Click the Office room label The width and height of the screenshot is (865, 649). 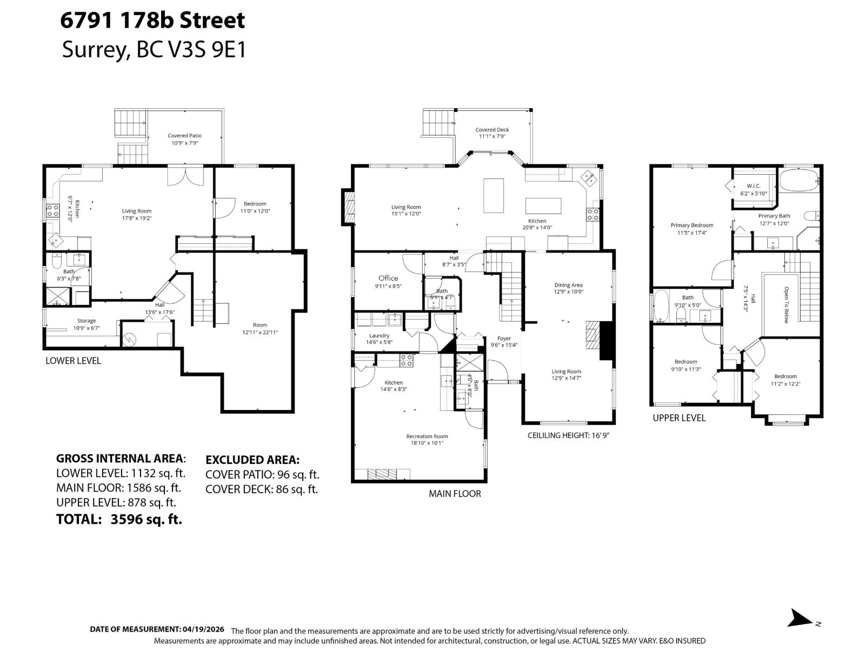(388, 278)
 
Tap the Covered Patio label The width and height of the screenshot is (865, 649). (184, 136)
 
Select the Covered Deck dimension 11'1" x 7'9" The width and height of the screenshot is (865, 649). (492, 136)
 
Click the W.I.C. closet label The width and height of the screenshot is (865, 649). (754, 186)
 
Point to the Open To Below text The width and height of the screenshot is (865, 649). (786, 305)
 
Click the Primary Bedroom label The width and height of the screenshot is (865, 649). (691, 225)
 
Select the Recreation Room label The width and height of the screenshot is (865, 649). (427, 436)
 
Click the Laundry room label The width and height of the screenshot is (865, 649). (379, 335)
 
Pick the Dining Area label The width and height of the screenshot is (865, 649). (568, 285)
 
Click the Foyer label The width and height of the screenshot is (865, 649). (504, 339)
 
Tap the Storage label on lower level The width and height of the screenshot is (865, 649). (86, 321)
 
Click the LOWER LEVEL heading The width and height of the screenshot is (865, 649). (73, 361)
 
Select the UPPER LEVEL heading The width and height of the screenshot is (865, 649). (678, 418)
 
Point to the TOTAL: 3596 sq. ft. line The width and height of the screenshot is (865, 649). (119, 519)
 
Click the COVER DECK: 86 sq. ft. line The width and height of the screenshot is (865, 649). (262, 489)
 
